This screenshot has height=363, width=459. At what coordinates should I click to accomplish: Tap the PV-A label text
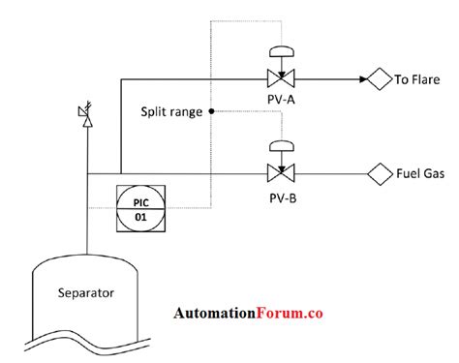tap(283, 99)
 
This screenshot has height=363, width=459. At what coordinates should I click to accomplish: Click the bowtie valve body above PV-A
tap(283, 78)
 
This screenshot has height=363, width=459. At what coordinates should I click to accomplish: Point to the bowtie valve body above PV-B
tap(283, 174)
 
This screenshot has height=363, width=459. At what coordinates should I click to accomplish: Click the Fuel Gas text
tap(420, 174)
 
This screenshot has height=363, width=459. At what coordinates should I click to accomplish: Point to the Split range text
tap(171, 111)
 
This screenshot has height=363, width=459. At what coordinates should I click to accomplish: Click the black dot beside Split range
tap(212, 111)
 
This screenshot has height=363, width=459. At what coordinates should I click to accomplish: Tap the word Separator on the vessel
tap(86, 291)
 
